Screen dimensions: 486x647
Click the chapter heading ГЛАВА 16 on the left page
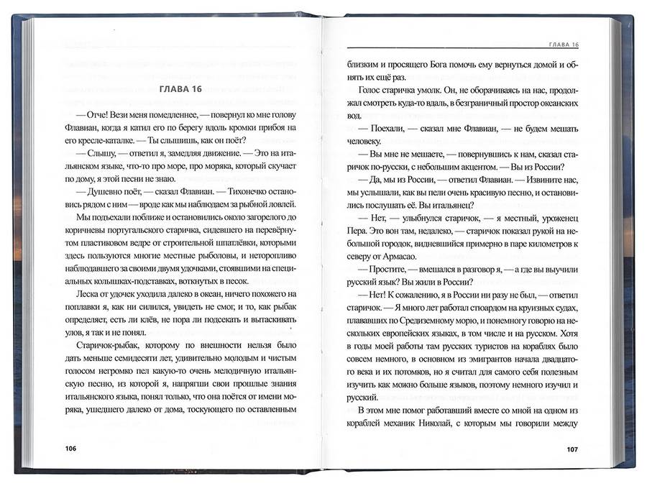[178, 89]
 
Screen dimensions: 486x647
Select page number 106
[70, 449]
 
